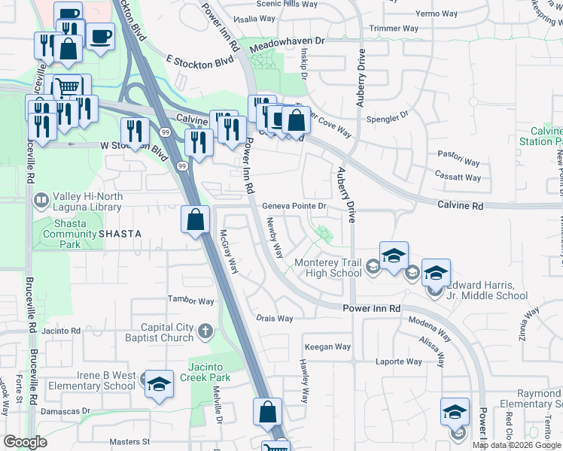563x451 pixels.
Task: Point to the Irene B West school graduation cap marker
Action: pos(159,386)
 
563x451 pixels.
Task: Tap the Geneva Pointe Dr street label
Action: pos(294,206)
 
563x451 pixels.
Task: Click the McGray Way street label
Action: pos(229,251)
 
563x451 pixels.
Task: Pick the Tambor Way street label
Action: pos(190,301)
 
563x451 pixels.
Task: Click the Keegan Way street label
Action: pos(327,347)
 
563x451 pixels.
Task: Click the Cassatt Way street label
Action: pos(458,177)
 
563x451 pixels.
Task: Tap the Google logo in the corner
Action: pos(25,441)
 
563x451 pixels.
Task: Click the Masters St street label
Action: pos(129,442)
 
